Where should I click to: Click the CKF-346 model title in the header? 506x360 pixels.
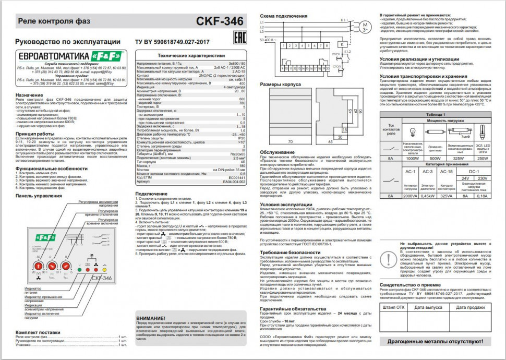click(220, 21)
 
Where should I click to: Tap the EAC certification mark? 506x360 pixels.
click(237, 39)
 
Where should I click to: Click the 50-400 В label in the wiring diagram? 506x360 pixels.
click(268, 40)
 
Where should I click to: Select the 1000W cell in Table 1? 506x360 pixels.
click(413, 158)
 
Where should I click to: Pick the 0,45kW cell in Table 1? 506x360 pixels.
click(428, 196)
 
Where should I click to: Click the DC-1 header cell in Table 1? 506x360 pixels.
click(474, 171)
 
